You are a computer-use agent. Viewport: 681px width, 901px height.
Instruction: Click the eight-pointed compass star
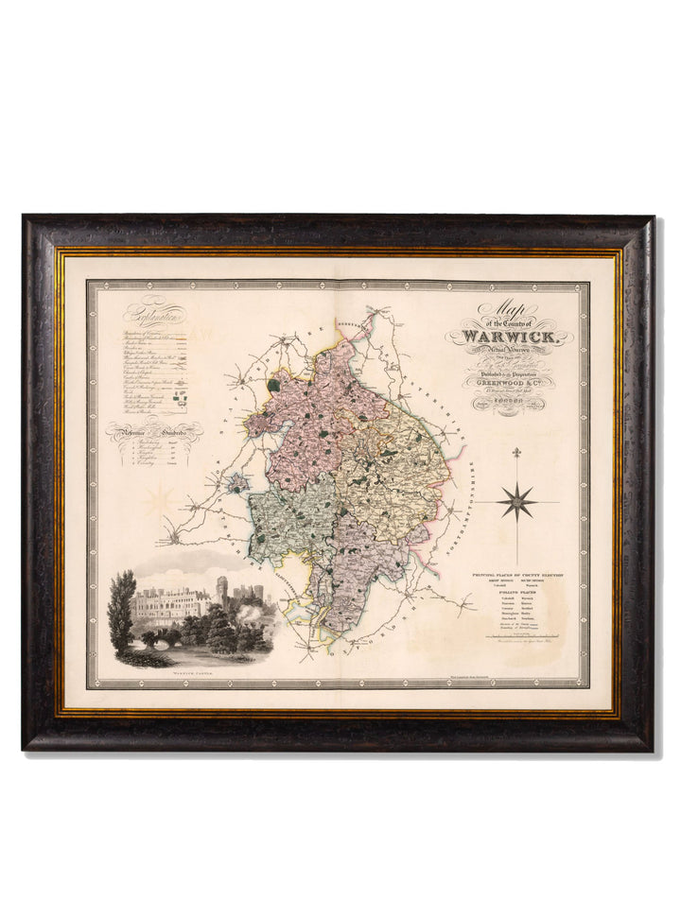pyautogui.click(x=518, y=500)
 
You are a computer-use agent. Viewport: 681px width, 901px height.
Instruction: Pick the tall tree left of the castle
pyautogui.click(x=121, y=610)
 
